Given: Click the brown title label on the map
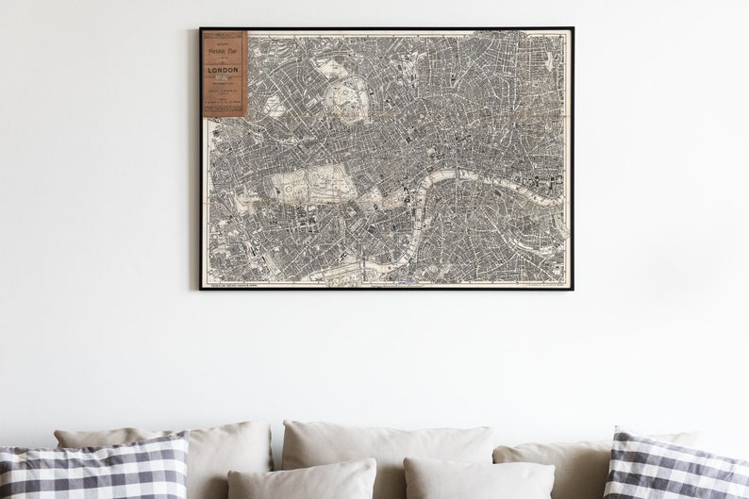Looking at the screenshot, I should click(224, 74).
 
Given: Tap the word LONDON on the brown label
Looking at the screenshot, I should click(224, 70).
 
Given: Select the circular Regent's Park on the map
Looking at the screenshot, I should click(344, 98).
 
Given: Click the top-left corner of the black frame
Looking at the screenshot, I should click(201, 29).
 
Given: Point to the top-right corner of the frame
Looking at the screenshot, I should click(573, 29).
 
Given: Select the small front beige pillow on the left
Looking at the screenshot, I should click(302, 480).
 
